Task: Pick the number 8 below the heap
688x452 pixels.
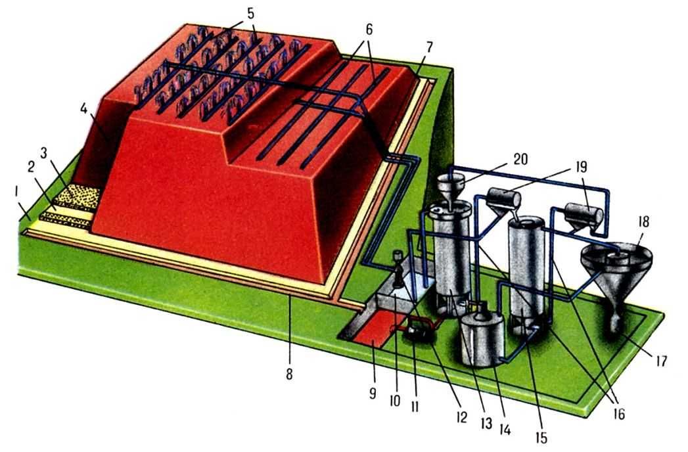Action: pos(288,375)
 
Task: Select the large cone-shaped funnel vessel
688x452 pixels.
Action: pos(614,276)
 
